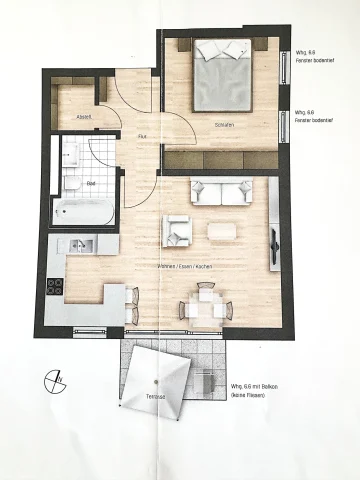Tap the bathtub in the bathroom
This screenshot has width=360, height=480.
(x=85, y=211)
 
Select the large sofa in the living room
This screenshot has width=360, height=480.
(x=221, y=192)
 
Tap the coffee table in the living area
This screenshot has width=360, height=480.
(x=222, y=229)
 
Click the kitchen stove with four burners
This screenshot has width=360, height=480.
(x=57, y=285)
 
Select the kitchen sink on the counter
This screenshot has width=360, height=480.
(x=80, y=244)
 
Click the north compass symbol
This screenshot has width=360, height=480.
(x=55, y=383)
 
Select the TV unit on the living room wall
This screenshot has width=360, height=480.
(x=273, y=241)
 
